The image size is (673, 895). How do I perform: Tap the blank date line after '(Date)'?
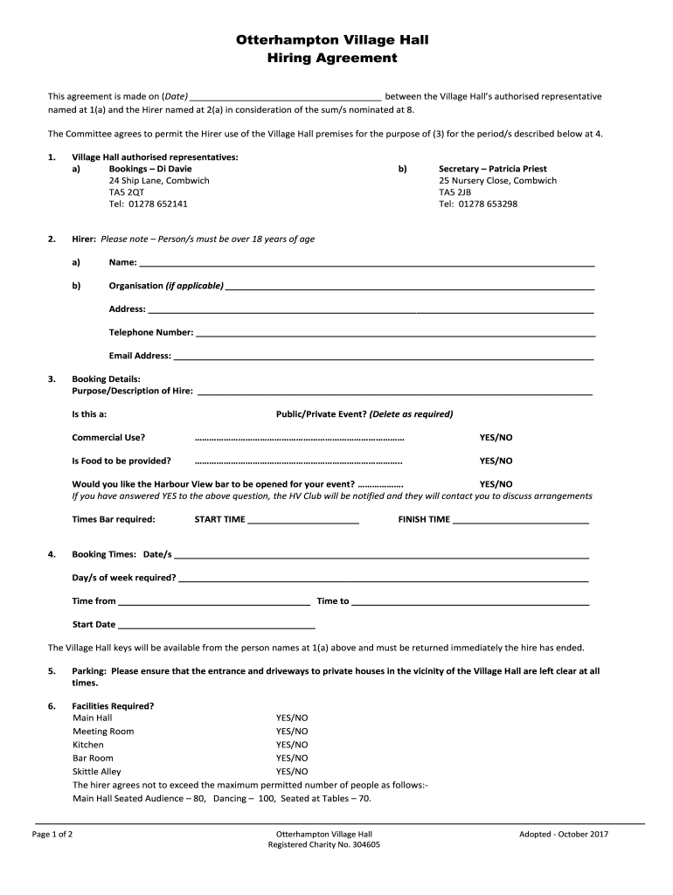click(x=285, y=96)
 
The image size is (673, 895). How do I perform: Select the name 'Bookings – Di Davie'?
click(x=150, y=169)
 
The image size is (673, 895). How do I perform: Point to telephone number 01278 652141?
click(x=149, y=204)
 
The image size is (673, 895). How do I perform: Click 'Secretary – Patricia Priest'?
click(x=492, y=169)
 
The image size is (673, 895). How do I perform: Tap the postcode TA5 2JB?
click(x=454, y=192)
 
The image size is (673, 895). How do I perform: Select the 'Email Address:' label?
click(x=140, y=356)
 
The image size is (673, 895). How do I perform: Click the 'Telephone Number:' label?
click(x=151, y=332)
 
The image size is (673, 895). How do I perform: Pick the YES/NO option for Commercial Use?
click(x=496, y=437)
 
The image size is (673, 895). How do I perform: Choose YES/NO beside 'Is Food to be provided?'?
click(x=496, y=461)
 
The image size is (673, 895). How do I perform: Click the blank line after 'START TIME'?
click(x=303, y=520)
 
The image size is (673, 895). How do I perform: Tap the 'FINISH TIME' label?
click(x=424, y=519)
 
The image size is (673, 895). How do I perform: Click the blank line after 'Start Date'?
click(x=216, y=625)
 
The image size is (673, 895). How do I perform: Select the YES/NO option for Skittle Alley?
click(x=292, y=772)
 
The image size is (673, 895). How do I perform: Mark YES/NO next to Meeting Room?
click(x=292, y=731)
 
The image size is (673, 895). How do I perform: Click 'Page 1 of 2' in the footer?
click(x=52, y=834)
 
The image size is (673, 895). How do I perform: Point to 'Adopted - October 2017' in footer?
click(x=563, y=834)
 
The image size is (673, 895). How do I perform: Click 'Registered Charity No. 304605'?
click(x=324, y=845)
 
